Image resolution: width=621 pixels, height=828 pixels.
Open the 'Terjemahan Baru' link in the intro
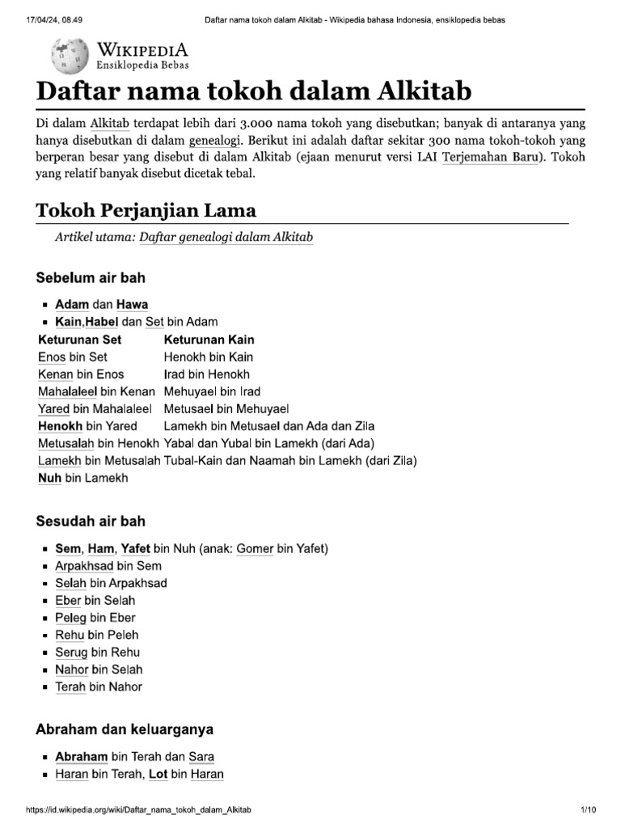pos(489,156)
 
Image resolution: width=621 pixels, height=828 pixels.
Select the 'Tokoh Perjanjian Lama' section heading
pos(146,211)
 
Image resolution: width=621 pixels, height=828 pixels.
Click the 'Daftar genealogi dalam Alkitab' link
pos(226,237)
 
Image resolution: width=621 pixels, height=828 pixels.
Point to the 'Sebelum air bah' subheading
pos(91,278)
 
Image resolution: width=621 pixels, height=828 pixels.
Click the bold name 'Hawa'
pos(133,304)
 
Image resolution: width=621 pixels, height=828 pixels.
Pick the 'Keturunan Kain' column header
pos(209,340)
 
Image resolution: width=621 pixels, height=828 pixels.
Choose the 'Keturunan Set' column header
pos(79,340)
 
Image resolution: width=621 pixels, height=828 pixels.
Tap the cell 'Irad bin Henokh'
pos(207,374)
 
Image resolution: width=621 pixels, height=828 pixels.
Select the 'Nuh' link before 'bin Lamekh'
pos(49,478)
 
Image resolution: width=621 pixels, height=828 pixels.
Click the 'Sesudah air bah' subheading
pos(91,522)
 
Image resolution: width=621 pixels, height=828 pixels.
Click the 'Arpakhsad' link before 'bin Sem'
pos(84,566)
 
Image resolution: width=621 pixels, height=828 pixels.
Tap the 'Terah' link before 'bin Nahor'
pos(69,686)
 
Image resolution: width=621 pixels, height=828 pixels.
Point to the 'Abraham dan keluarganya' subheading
pos(125,729)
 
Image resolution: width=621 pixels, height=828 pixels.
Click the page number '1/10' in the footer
pos(588,809)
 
